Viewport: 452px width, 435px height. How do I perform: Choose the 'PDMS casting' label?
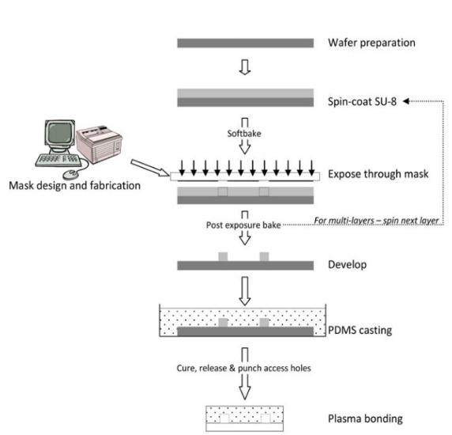pyautogui.click(x=357, y=329)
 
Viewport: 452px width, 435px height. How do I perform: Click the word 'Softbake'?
pyautogui.click(x=245, y=133)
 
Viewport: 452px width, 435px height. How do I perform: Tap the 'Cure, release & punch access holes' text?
pyautogui.click(x=245, y=367)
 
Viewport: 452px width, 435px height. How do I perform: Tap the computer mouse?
pyautogui.click(x=70, y=173)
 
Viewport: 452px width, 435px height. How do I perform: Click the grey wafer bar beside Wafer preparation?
pyautogui.click(x=244, y=42)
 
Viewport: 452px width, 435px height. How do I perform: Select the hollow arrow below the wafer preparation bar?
pyautogui.click(x=245, y=70)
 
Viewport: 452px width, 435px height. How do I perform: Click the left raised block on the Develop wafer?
pyautogui.click(x=222, y=256)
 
